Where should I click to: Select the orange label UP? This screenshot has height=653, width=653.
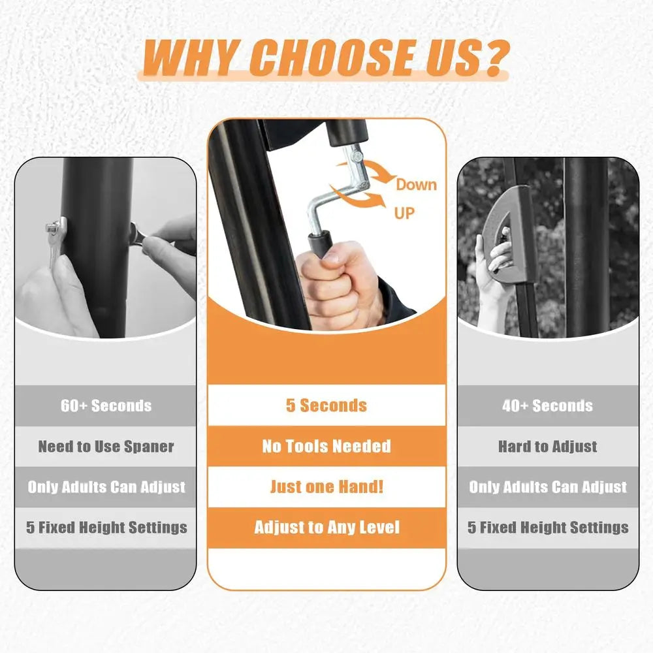[404, 214]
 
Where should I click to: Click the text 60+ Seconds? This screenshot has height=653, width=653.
[106, 406]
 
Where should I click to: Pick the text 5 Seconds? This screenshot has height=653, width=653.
[326, 406]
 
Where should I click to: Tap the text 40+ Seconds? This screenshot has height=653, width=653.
[548, 406]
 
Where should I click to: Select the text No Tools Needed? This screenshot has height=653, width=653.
[326, 446]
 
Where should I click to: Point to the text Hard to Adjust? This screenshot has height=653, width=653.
[548, 447]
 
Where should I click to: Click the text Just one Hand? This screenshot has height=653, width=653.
[327, 486]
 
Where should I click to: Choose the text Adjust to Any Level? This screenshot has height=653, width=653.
[327, 527]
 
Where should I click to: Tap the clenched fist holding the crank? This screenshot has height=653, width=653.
[340, 283]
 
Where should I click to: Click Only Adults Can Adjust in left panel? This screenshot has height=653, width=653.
[106, 487]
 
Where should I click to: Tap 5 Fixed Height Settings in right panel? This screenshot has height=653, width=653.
[548, 527]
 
